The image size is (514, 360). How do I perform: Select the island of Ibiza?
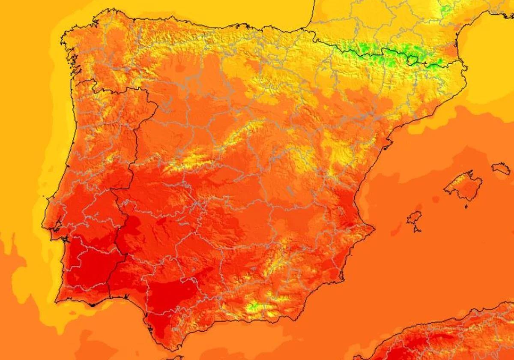(414, 218)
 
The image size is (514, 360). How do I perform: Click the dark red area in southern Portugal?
(88, 266)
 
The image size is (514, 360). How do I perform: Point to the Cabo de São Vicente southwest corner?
(57, 300)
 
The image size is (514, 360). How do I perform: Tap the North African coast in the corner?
(450, 339)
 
